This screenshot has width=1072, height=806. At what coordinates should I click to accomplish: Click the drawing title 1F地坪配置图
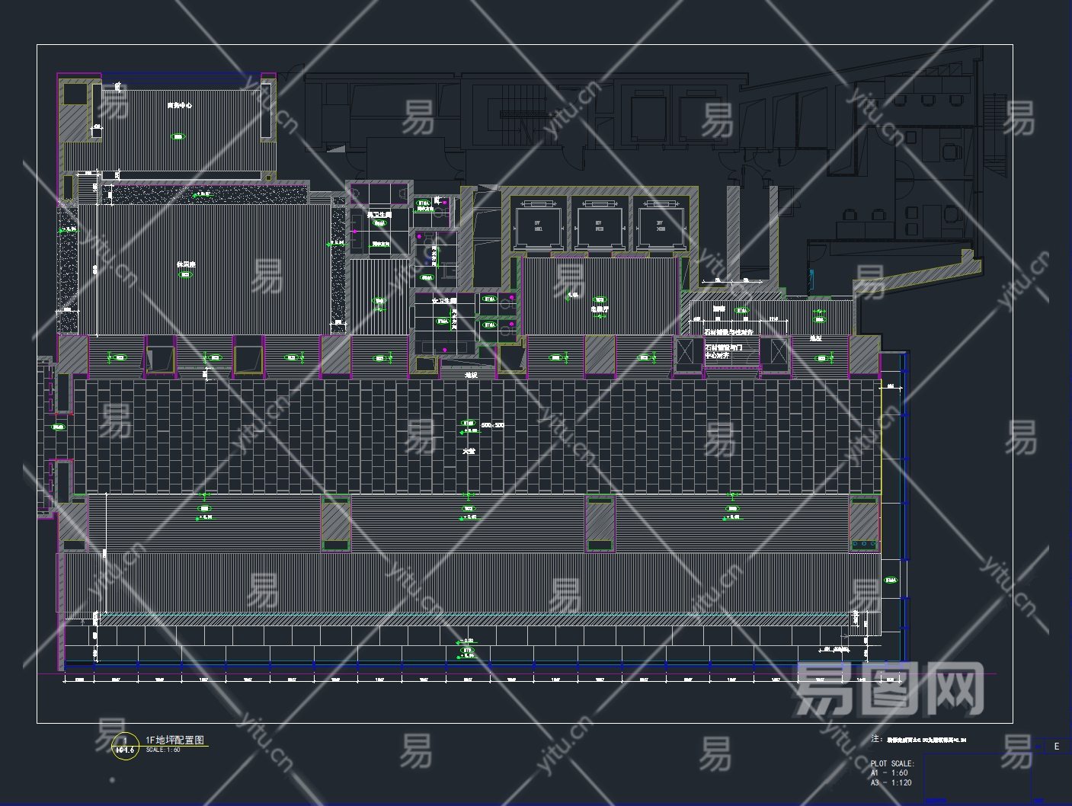174,740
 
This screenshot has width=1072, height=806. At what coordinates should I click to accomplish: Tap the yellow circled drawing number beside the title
125,745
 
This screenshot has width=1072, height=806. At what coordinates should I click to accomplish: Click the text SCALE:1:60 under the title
163,750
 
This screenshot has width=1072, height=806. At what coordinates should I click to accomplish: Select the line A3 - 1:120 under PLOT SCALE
891,782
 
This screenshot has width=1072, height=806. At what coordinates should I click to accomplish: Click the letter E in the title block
1056,747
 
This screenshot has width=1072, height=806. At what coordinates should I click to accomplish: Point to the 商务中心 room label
180,105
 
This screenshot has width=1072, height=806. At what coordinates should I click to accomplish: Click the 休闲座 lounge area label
186,264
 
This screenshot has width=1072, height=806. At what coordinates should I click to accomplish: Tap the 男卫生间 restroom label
379,216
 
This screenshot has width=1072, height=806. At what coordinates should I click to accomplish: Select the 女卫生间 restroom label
443,301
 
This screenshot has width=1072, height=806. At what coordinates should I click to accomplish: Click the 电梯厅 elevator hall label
600,310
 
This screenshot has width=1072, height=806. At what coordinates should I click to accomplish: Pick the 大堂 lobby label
469,451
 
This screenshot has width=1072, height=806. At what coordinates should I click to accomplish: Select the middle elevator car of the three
599,222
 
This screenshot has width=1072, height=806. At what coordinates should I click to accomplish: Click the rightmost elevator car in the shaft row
660,222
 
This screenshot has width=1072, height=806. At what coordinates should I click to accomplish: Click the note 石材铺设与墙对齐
727,333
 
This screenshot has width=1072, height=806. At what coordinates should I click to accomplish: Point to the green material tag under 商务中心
178,137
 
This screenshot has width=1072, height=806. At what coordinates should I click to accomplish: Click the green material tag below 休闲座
186,275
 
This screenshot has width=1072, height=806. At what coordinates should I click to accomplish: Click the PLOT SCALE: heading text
892,763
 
